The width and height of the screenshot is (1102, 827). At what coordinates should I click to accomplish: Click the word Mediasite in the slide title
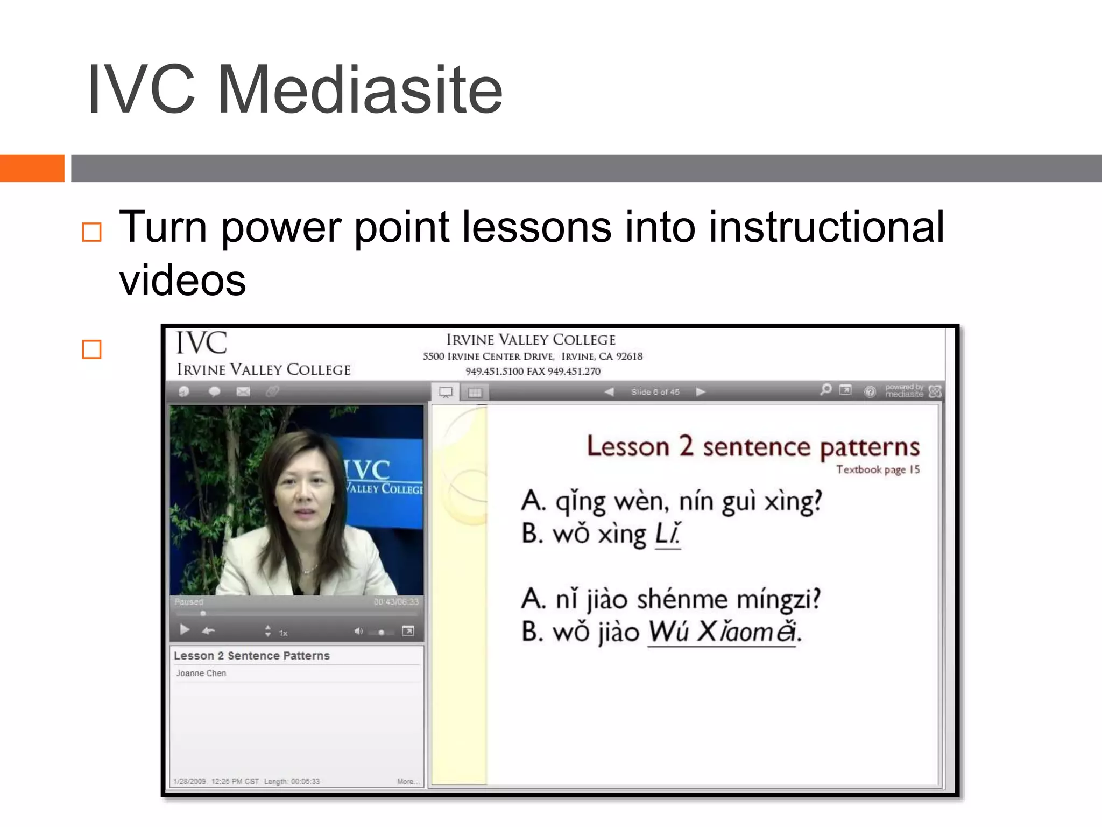[359, 89]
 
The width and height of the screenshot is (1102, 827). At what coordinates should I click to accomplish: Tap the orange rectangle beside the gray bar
[32, 168]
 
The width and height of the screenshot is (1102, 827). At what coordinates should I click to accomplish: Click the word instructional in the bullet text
[826, 227]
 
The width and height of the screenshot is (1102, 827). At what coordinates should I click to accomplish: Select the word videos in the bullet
[182, 281]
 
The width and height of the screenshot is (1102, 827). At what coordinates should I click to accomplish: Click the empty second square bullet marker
[91, 349]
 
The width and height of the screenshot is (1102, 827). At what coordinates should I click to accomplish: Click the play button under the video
[185, 629]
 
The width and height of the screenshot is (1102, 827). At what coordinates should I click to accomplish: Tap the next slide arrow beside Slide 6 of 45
[700, 392]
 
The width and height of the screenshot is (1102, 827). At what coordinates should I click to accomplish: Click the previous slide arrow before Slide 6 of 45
[609, 392]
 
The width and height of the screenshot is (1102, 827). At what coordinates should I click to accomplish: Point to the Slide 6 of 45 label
[655, 392]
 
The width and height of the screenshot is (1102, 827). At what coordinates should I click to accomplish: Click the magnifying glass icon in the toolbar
[825, 389]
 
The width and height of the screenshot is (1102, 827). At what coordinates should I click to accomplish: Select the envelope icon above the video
[243, 391]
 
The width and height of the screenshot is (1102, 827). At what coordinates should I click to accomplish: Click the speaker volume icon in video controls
[358, 631]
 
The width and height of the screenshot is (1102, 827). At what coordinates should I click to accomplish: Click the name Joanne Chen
[201, 673]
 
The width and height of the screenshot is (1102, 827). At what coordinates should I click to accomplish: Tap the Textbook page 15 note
[878, 469]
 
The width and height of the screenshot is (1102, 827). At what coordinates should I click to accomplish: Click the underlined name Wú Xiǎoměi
[722, 632]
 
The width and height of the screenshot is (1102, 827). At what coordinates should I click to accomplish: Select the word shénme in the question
[682, 599]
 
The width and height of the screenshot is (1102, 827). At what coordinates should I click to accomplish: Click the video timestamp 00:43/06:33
[396, 601]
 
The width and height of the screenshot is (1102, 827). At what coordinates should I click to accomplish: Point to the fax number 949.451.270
[574, 371]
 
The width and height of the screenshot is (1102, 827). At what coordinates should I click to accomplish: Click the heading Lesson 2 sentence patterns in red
[753, 446]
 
